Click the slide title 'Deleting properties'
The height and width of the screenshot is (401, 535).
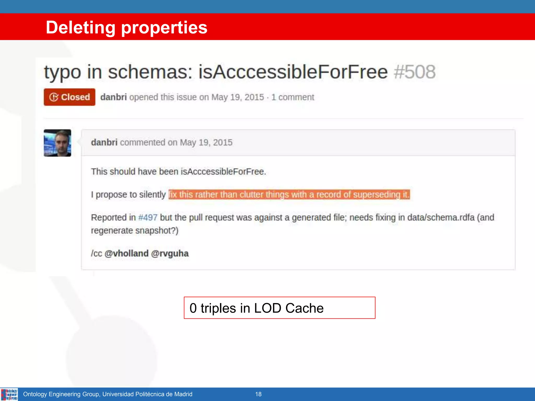[x=126, y=27]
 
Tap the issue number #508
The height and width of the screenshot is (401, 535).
[x=415, y=72]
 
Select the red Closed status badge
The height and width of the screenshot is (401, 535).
[x=69, y=97]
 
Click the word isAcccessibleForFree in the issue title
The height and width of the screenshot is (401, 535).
[x=293, y=72]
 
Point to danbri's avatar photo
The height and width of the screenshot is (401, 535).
[x=57, y=143]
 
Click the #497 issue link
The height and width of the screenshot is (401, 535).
[x=148, y=217]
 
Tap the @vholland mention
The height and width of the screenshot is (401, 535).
[x=126, y=253]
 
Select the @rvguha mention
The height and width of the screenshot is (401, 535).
[x=170, y=253]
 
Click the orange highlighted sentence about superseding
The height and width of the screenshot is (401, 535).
[x=289, y=195]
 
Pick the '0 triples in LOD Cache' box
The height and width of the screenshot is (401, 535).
[x=279, y=308]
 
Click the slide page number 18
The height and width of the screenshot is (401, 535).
[x=258, y=394]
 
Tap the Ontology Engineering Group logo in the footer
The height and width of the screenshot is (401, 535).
[x=9, y=394]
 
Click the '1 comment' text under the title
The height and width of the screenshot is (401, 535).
[x=293, y=97]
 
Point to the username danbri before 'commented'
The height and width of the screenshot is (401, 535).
[x=104, y=143]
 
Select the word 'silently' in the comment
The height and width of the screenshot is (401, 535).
[x=152, y=195]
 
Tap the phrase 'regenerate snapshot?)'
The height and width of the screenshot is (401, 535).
[x=135, y=231]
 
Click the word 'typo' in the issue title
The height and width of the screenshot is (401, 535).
[x=62, y=72]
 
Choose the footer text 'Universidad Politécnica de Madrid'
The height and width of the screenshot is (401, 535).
[x=147, y=394]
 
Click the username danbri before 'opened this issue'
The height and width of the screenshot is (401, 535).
[x=113, y=97]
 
